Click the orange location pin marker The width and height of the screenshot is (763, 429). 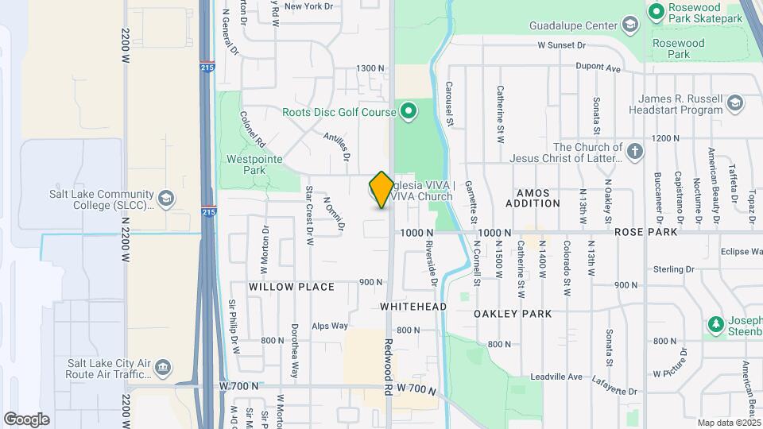point(381,190)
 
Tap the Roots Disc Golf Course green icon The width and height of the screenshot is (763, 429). point(409,111)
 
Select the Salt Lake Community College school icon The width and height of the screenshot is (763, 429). point(166,197)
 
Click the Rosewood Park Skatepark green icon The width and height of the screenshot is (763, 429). point(656,11)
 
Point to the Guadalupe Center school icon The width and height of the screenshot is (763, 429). point(630,25)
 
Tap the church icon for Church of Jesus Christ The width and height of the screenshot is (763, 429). point(634,152)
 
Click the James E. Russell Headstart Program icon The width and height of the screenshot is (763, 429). point(735,103)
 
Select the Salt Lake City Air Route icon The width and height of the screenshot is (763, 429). point(163,368)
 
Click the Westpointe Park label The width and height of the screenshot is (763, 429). point(246,164)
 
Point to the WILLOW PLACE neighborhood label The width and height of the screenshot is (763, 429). point(292,286)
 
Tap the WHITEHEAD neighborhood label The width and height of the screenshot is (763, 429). point(413,306)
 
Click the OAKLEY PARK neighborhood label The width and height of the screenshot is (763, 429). point(513,314)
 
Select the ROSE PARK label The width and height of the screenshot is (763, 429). point(646,232)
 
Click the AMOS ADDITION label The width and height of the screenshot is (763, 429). point(538,198)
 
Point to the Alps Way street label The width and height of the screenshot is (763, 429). point(330,326)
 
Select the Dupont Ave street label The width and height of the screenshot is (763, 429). point(597,69)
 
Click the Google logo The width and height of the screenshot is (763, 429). point(26,419)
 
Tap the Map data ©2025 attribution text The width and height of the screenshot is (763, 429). point(728,423)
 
